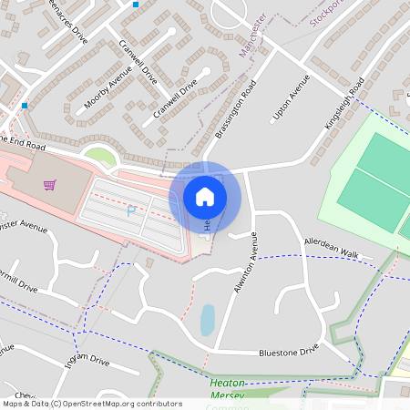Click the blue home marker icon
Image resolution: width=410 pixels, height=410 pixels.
pyautogui.click(x=205, y=196)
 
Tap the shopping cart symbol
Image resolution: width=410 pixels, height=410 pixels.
pyautogui.click(x=50, y=185)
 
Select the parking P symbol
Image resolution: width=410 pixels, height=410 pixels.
pyautogui.click(x=131, y=210)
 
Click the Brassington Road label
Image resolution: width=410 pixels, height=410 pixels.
pyautogui.click(x=236, y=108)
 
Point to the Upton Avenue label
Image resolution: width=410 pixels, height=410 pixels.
pyautogui.click(x=286, y=104)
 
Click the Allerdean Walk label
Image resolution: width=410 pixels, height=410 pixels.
pyautogui.click(x=333, y=248)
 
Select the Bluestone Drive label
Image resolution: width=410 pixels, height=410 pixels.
pyautogui.click(x=289, y=350)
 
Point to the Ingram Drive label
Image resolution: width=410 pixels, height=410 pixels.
pyautogui.click(x=87, y=361)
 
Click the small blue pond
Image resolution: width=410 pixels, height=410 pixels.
pyautogui.click(x=207, y=320)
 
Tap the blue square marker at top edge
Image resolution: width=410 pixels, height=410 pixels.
pyautogui.click(x=136, y=5)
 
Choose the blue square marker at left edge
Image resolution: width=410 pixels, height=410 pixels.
pyautogui.click(x=24, y=106)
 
